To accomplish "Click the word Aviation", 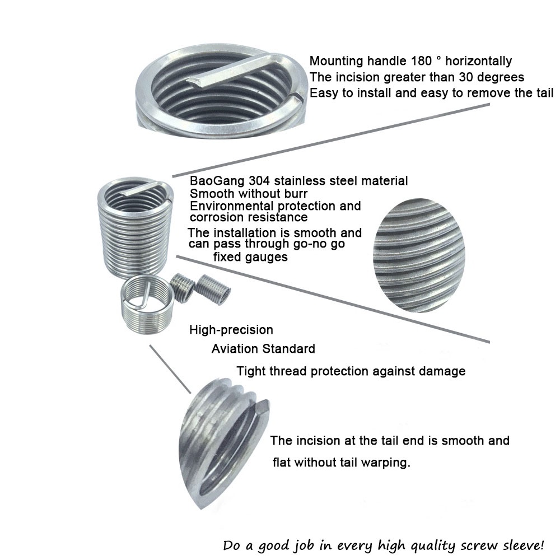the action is (x=235, y=348).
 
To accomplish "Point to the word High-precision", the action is (x=231, y=330).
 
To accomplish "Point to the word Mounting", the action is (x=337, y=61).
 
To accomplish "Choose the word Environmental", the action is (x=232, y=206).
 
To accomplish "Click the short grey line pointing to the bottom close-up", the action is (x=170, y=369).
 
